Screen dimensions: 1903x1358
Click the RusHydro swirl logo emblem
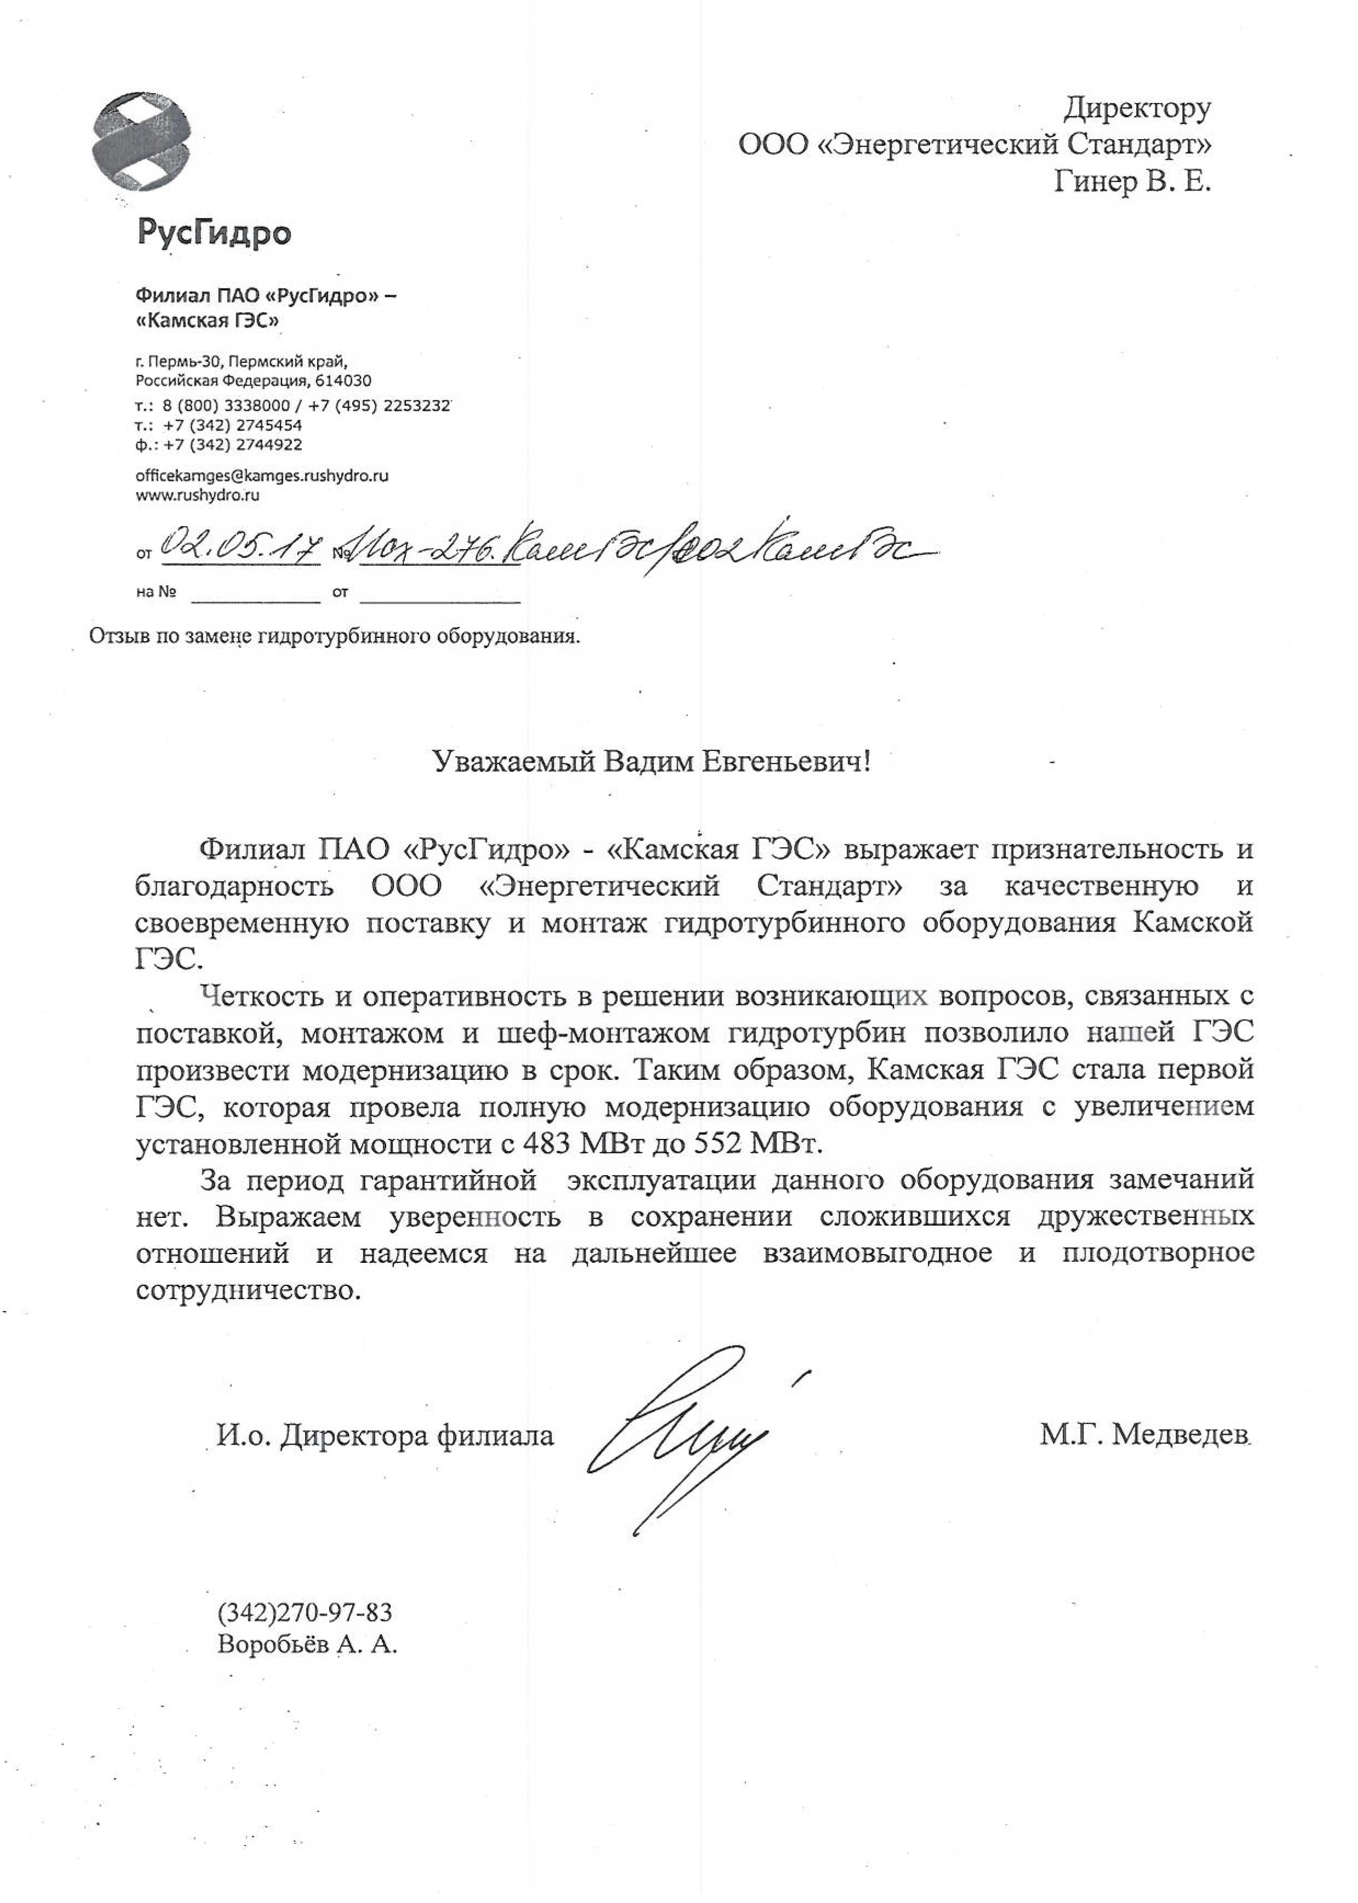pyautogui.click(x=140, y=142)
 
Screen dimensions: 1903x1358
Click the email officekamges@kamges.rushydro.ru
pyautogui.click(x=262, y=475)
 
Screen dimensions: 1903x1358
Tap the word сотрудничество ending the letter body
pyautogui.click(x=248, y=1290)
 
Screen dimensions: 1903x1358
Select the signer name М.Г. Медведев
pyautogui.click(x=1145, y=1435)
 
